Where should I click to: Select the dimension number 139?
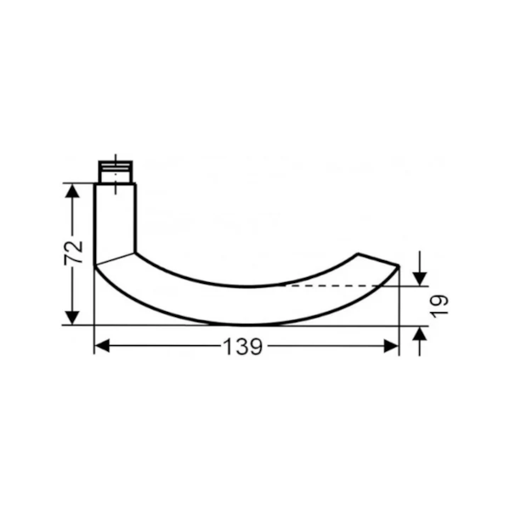point(243,347)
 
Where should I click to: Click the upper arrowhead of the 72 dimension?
point(73,190)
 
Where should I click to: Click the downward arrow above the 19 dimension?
point(419,278)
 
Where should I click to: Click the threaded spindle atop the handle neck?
point(117,170)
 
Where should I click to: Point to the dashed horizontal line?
point(340,286)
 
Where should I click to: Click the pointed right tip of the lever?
point(399,266)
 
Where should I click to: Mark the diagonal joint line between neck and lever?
point(115,258)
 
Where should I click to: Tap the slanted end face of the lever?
point(377,259)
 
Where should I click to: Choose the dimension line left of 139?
point(161,346)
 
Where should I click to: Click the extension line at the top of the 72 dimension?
point(81,182)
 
